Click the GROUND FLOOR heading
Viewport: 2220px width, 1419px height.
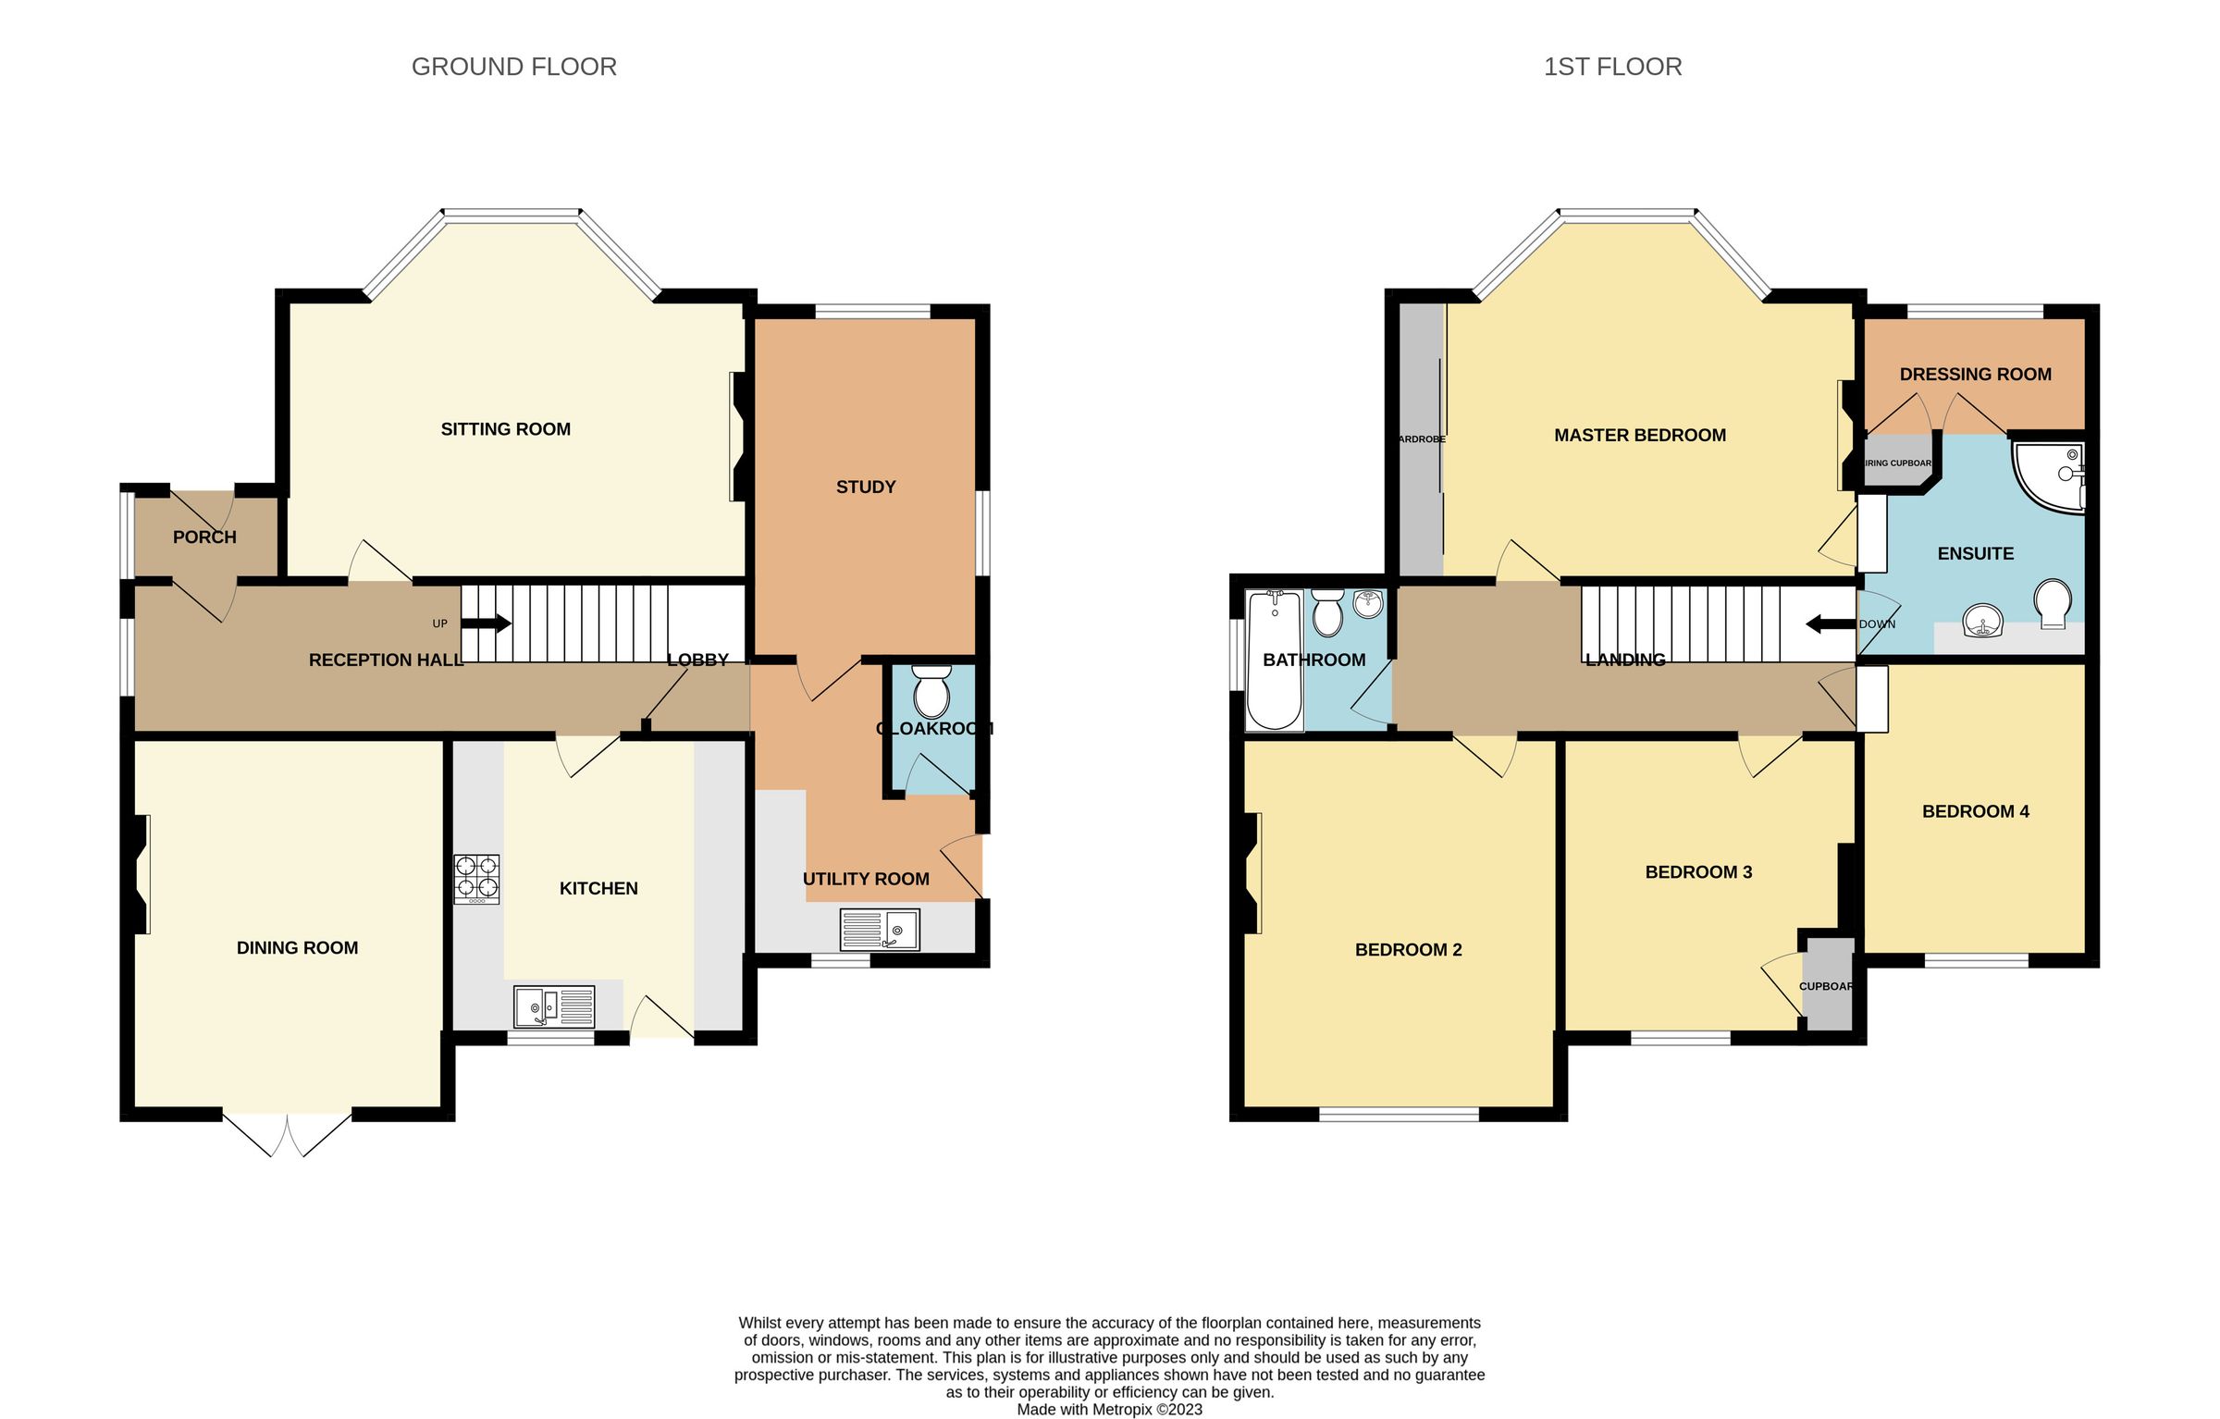513,67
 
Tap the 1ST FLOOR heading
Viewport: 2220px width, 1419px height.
1612,67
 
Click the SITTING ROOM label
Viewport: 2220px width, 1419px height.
505,429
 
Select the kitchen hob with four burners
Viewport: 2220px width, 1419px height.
476,879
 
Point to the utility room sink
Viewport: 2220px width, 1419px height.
880,930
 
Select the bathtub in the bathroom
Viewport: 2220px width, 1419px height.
1274,660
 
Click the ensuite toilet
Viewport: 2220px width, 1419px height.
2053,602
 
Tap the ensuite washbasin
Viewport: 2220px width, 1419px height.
1981,620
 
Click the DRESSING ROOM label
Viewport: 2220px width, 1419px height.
1975,375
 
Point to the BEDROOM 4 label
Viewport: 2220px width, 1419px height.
1975,811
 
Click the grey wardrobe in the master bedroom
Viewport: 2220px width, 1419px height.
1420,439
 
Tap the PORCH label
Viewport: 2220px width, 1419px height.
204,537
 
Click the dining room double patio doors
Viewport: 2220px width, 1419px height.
288,1132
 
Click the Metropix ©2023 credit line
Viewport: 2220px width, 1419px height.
1109,1410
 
